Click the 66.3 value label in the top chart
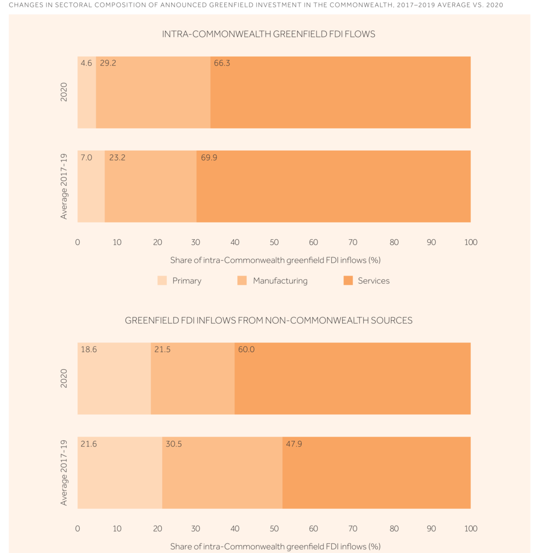click(x=222, y=63)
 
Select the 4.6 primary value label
click(x=86, y=63)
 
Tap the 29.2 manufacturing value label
click(x=108, y=63)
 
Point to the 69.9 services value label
click(x=209, y=158)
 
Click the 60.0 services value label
click(x=246, y=349)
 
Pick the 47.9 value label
click(x=294, y=444)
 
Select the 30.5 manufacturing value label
click(x=174, y=444)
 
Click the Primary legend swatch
click(x=162, y=281)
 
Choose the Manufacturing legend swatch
click(x=242, y=281)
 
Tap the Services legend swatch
click(x=348, y=281)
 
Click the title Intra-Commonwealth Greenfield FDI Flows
click(x=269, y=34)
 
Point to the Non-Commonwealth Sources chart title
click(x=269, y=320)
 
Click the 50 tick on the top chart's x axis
click(x=274, y=242)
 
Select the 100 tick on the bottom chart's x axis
click(x=470, y=529)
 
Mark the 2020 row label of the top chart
click(x=64, y=92)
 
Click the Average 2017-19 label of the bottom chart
click(x=64, y=472)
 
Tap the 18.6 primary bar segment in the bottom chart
click(x=114, y=382)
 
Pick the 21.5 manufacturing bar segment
click(x=193, y=382)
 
